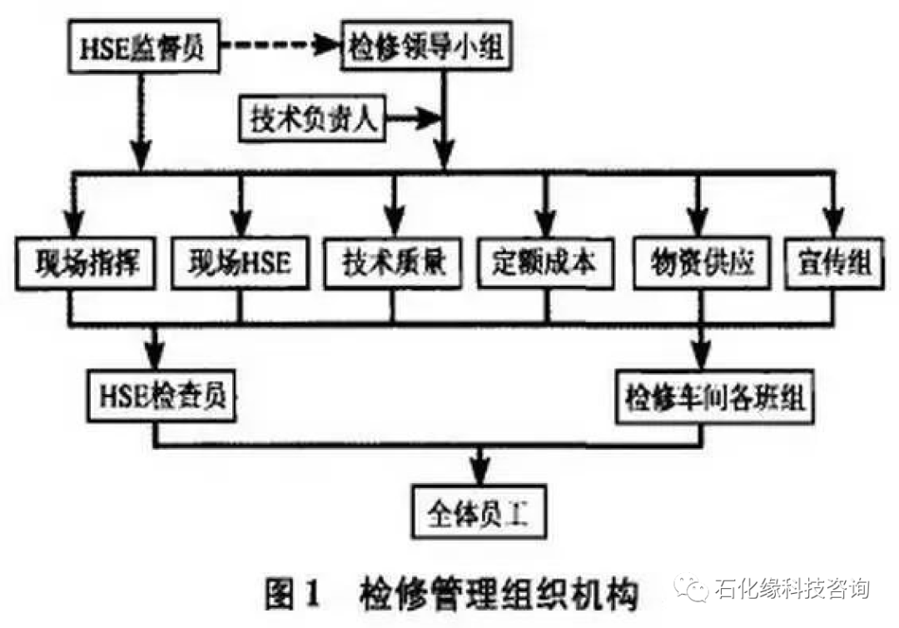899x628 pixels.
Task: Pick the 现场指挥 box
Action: pos(81,263)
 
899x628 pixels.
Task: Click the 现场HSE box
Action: pos(239,263)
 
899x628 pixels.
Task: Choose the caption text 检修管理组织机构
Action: pos(499,595)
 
